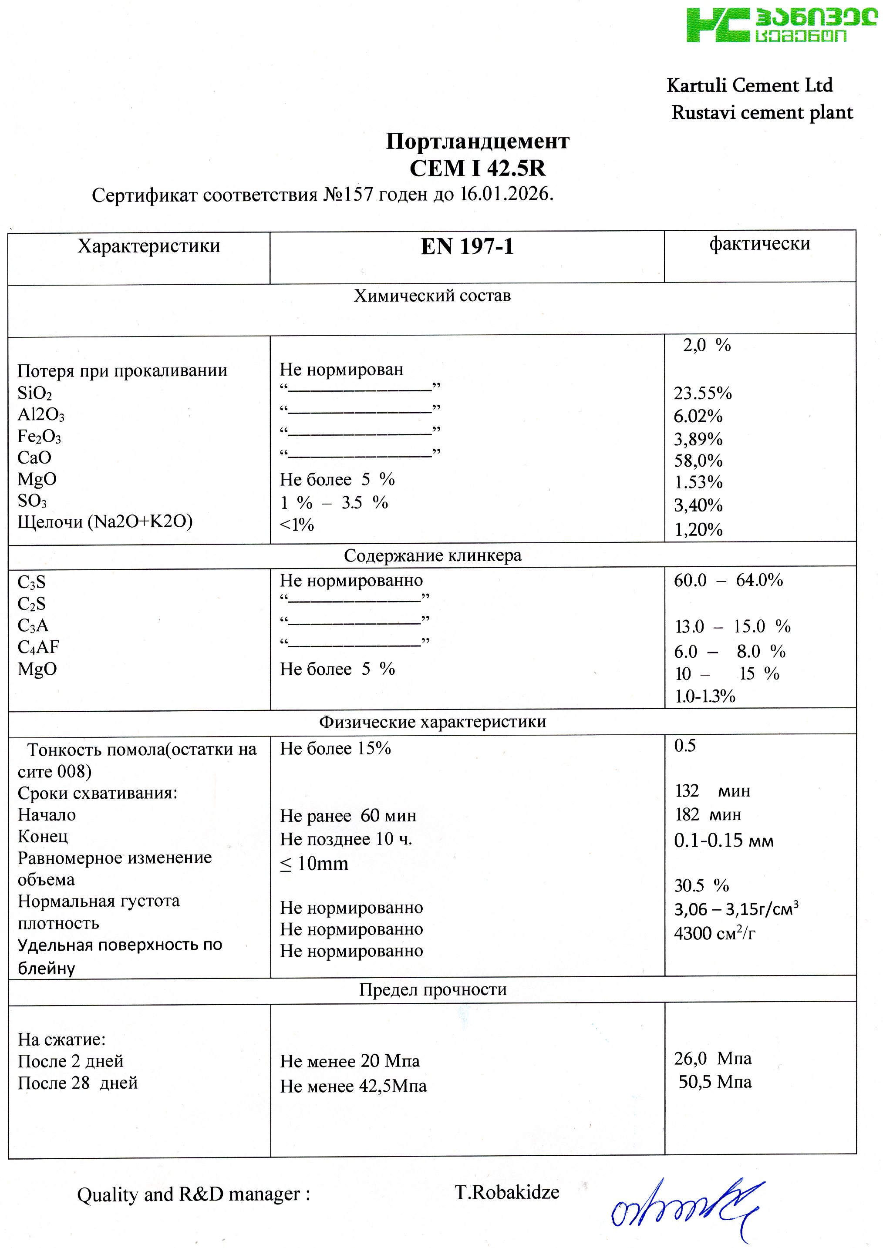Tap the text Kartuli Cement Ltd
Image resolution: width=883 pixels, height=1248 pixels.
tap(749, 85)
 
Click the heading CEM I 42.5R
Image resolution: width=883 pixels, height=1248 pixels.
tap(477, 168)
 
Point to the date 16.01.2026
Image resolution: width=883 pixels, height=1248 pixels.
tap(506, 194)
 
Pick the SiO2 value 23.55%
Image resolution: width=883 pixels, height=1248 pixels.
tap(702, 393)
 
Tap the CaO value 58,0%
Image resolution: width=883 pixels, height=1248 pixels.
tap(698, 461)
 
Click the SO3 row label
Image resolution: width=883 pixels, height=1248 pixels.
tap(32, 501)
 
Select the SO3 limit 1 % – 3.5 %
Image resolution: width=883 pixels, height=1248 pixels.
tap(334, 502)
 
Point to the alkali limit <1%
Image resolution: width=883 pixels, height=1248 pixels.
tap(297, 525)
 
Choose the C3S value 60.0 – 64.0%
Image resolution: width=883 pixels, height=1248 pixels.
tap(728, 581)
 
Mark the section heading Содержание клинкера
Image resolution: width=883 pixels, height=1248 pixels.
tap(432, 555)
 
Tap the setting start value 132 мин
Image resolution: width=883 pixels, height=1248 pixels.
tap(712, 791)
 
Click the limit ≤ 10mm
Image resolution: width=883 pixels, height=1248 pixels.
tap(314, 864)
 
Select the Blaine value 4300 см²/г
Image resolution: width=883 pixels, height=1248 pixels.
tap(714, 934)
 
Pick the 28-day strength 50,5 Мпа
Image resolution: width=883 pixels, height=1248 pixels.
tap(714, 1082)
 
